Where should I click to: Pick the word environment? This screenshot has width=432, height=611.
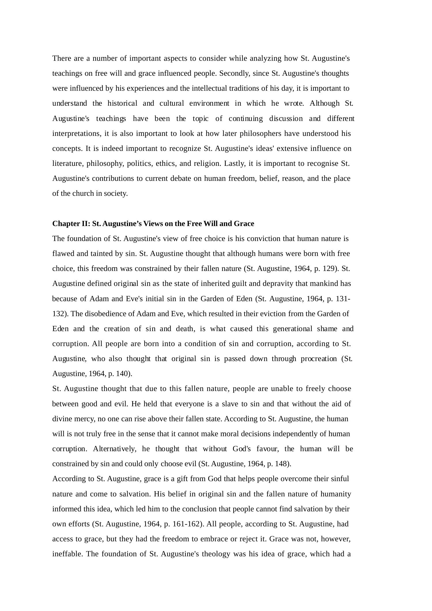point(209,103)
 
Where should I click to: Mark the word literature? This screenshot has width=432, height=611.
point(68,164)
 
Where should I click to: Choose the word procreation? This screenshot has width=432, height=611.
point(319,359)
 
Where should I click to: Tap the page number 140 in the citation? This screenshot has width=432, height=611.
point(123,374)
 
